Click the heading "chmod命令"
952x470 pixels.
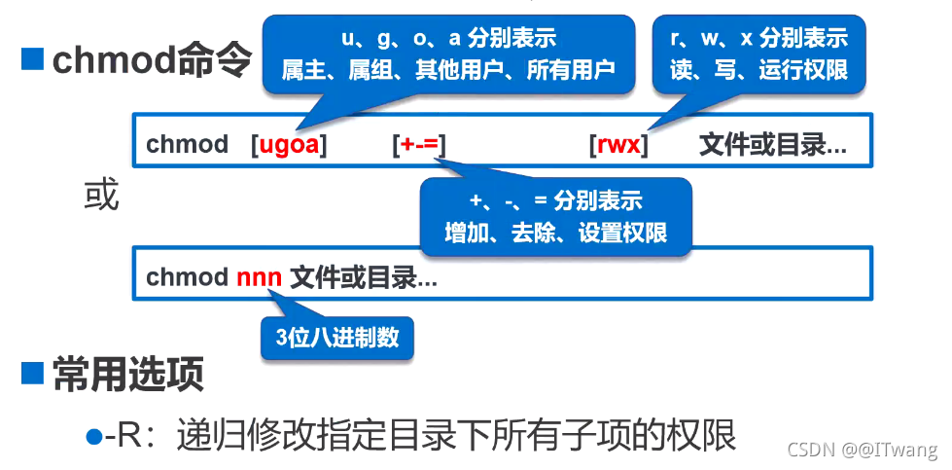pos(152,60)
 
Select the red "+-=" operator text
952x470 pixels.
pos(419,146)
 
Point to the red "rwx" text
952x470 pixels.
pos(618,146)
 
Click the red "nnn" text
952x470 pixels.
pos(260,277)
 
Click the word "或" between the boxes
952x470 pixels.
pos(101,196)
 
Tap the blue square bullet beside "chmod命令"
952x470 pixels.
pos(33,60)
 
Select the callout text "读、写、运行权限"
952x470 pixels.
pos(758,70)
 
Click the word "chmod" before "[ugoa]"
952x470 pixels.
pos(187,146)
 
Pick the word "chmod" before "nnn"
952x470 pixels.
pos(187,277)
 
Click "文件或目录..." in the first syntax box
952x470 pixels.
pos(772,146)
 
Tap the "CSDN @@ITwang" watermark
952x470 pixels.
pos(862,450)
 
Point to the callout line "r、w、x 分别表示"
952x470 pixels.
pos(758,39)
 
